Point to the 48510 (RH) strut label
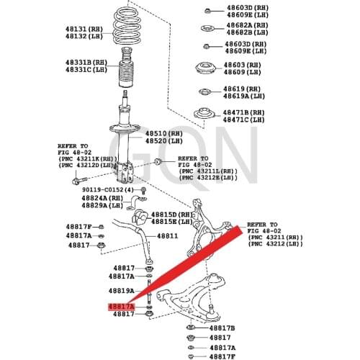pyautogui.click(x=167, y=133)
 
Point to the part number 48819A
pyautogui.click(x=122, y=291)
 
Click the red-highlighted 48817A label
pyautogui.click(x=121, y=307)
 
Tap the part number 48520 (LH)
pyautogui.click(x=167, y=141)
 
